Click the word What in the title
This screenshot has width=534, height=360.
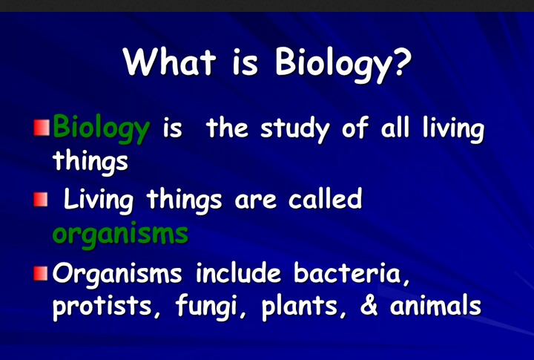(x=168, y=62)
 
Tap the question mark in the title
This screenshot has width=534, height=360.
(x=400, y=62)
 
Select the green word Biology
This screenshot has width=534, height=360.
(x=101, y=130)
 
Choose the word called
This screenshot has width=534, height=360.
(x=325, y=200)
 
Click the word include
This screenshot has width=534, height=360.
(x=239, y=273)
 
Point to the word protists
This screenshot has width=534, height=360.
(x=97, y=307)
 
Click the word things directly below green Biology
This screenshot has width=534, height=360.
(x=90, y=161)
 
